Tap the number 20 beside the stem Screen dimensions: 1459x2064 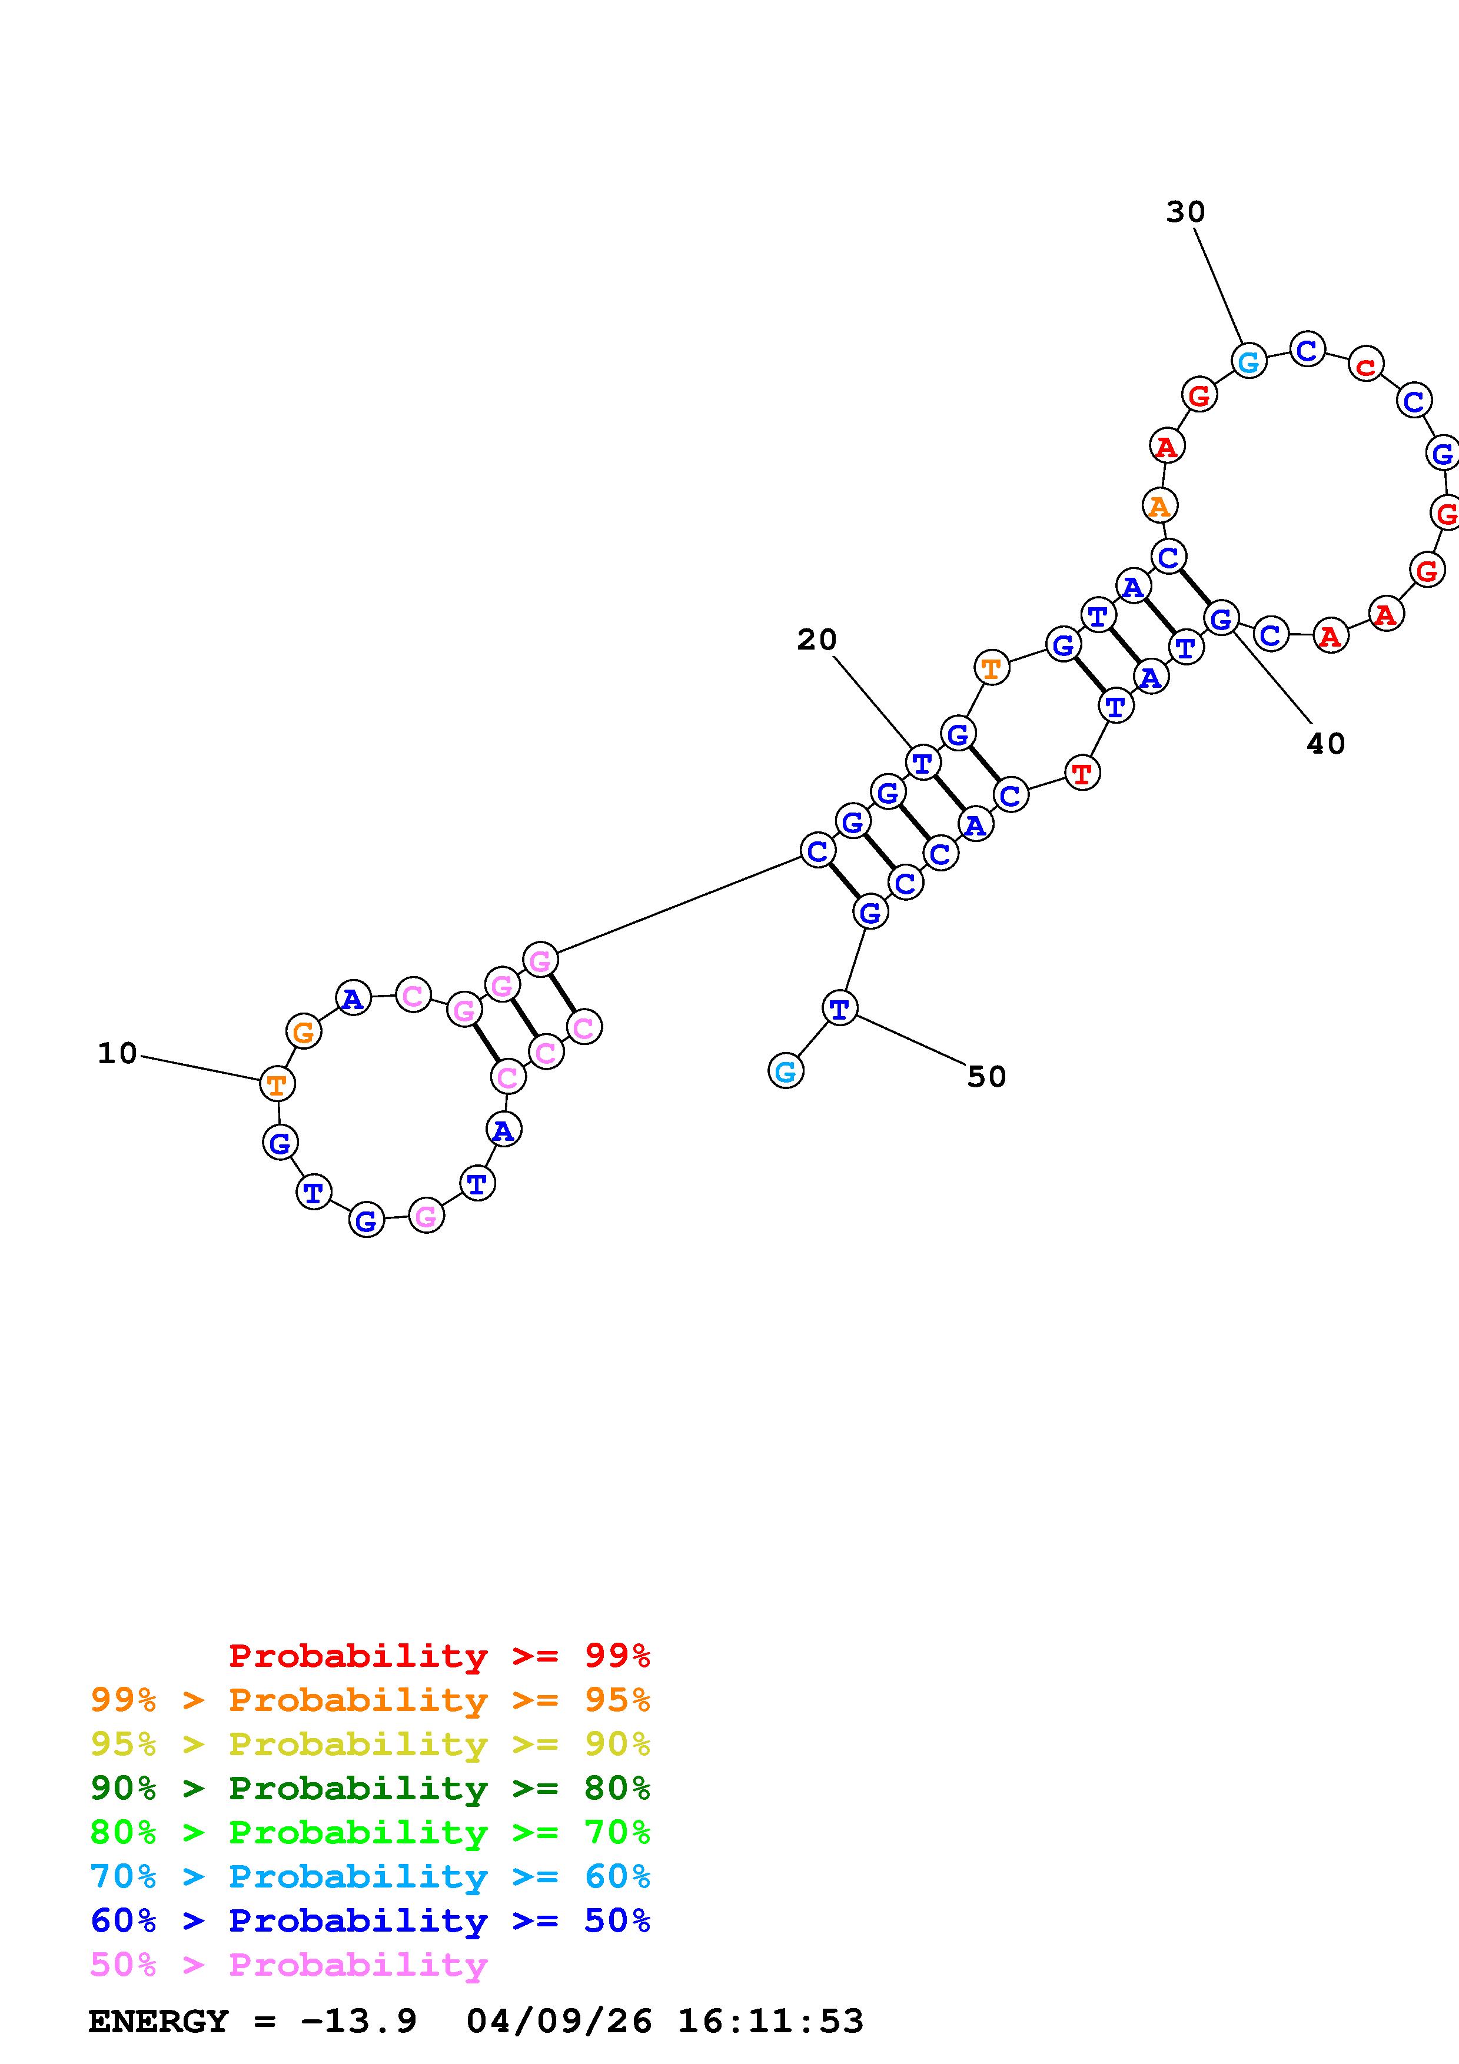[816, 640]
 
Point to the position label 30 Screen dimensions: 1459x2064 [1185, 212]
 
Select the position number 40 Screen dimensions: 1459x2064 [1325, 744]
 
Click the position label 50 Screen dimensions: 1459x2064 [986, 1076]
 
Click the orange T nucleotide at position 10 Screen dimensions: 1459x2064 [277, 1084]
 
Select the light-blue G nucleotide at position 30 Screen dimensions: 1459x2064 [1248, 362]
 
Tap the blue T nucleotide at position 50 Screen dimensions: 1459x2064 [839, 1008]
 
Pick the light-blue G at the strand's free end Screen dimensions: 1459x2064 [786, 1071]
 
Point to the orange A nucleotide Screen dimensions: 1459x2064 [1159, 506]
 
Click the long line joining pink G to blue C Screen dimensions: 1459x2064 [678, 906]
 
